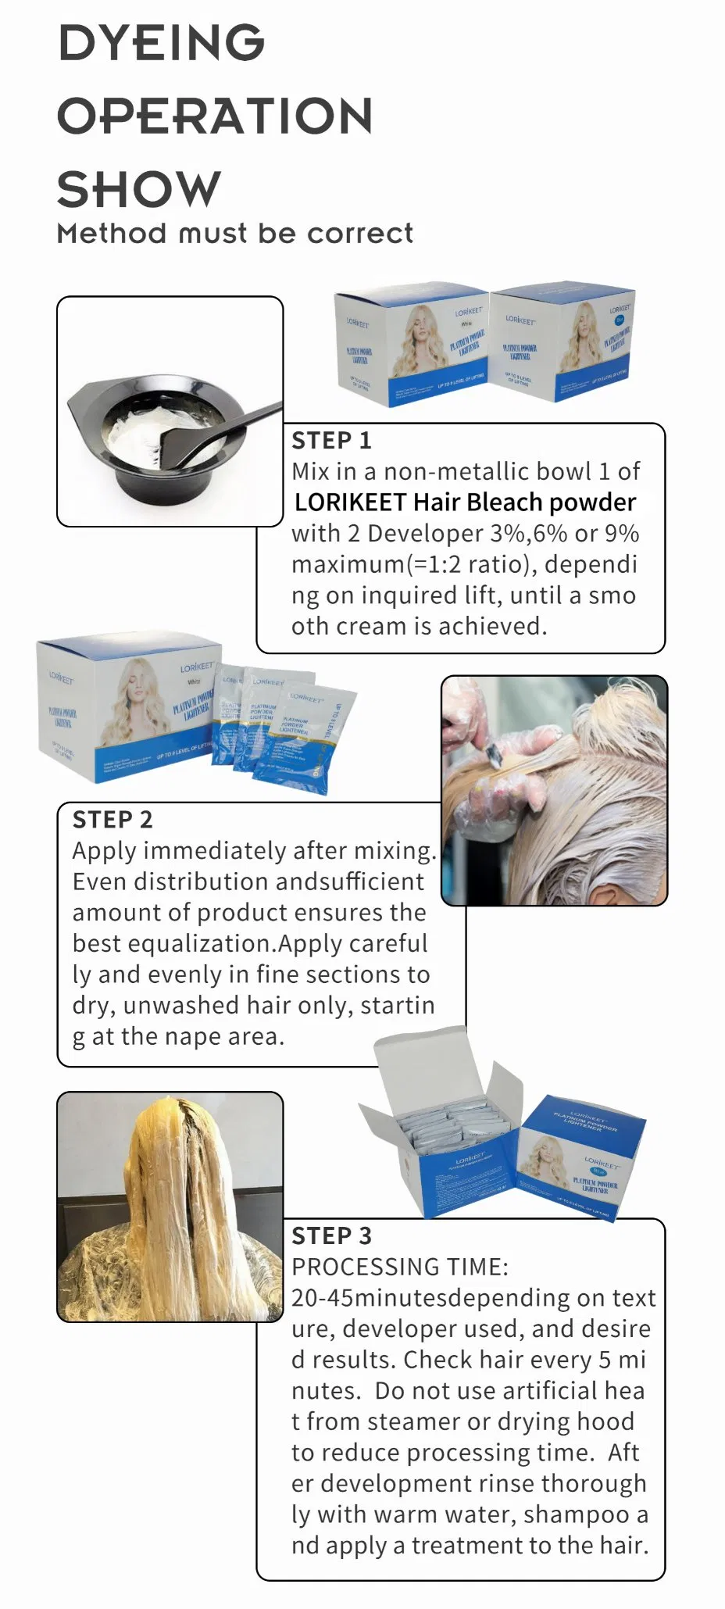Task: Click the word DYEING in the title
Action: [x=162, y=43]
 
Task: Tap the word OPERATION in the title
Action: [x=215, y=116]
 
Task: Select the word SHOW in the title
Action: [x=139, y=190]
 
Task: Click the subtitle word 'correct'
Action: [x=360, y=234]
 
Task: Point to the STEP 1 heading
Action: [x=331, y=441]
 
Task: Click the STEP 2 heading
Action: [x=112, y=820]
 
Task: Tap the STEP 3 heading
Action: [x=331, y=1235]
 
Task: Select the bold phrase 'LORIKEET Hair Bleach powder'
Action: [x=465, y=502]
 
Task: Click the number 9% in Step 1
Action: [x=622, y=534]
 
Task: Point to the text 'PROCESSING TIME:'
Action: [x=399, y=1267]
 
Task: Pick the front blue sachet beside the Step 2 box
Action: [x=301, y=738]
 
